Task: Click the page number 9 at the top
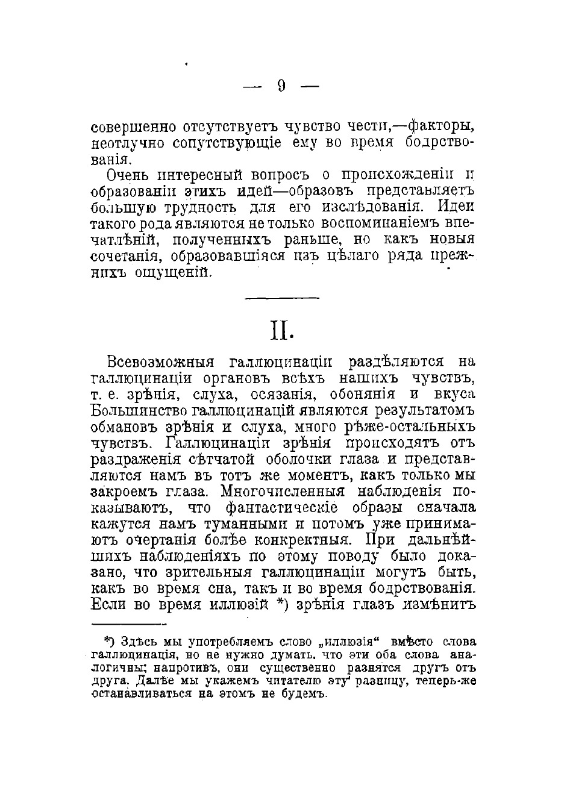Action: (281, 86)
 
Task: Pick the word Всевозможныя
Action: (160, 363)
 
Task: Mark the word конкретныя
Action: (310, 539)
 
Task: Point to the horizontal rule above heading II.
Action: (283, 297)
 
